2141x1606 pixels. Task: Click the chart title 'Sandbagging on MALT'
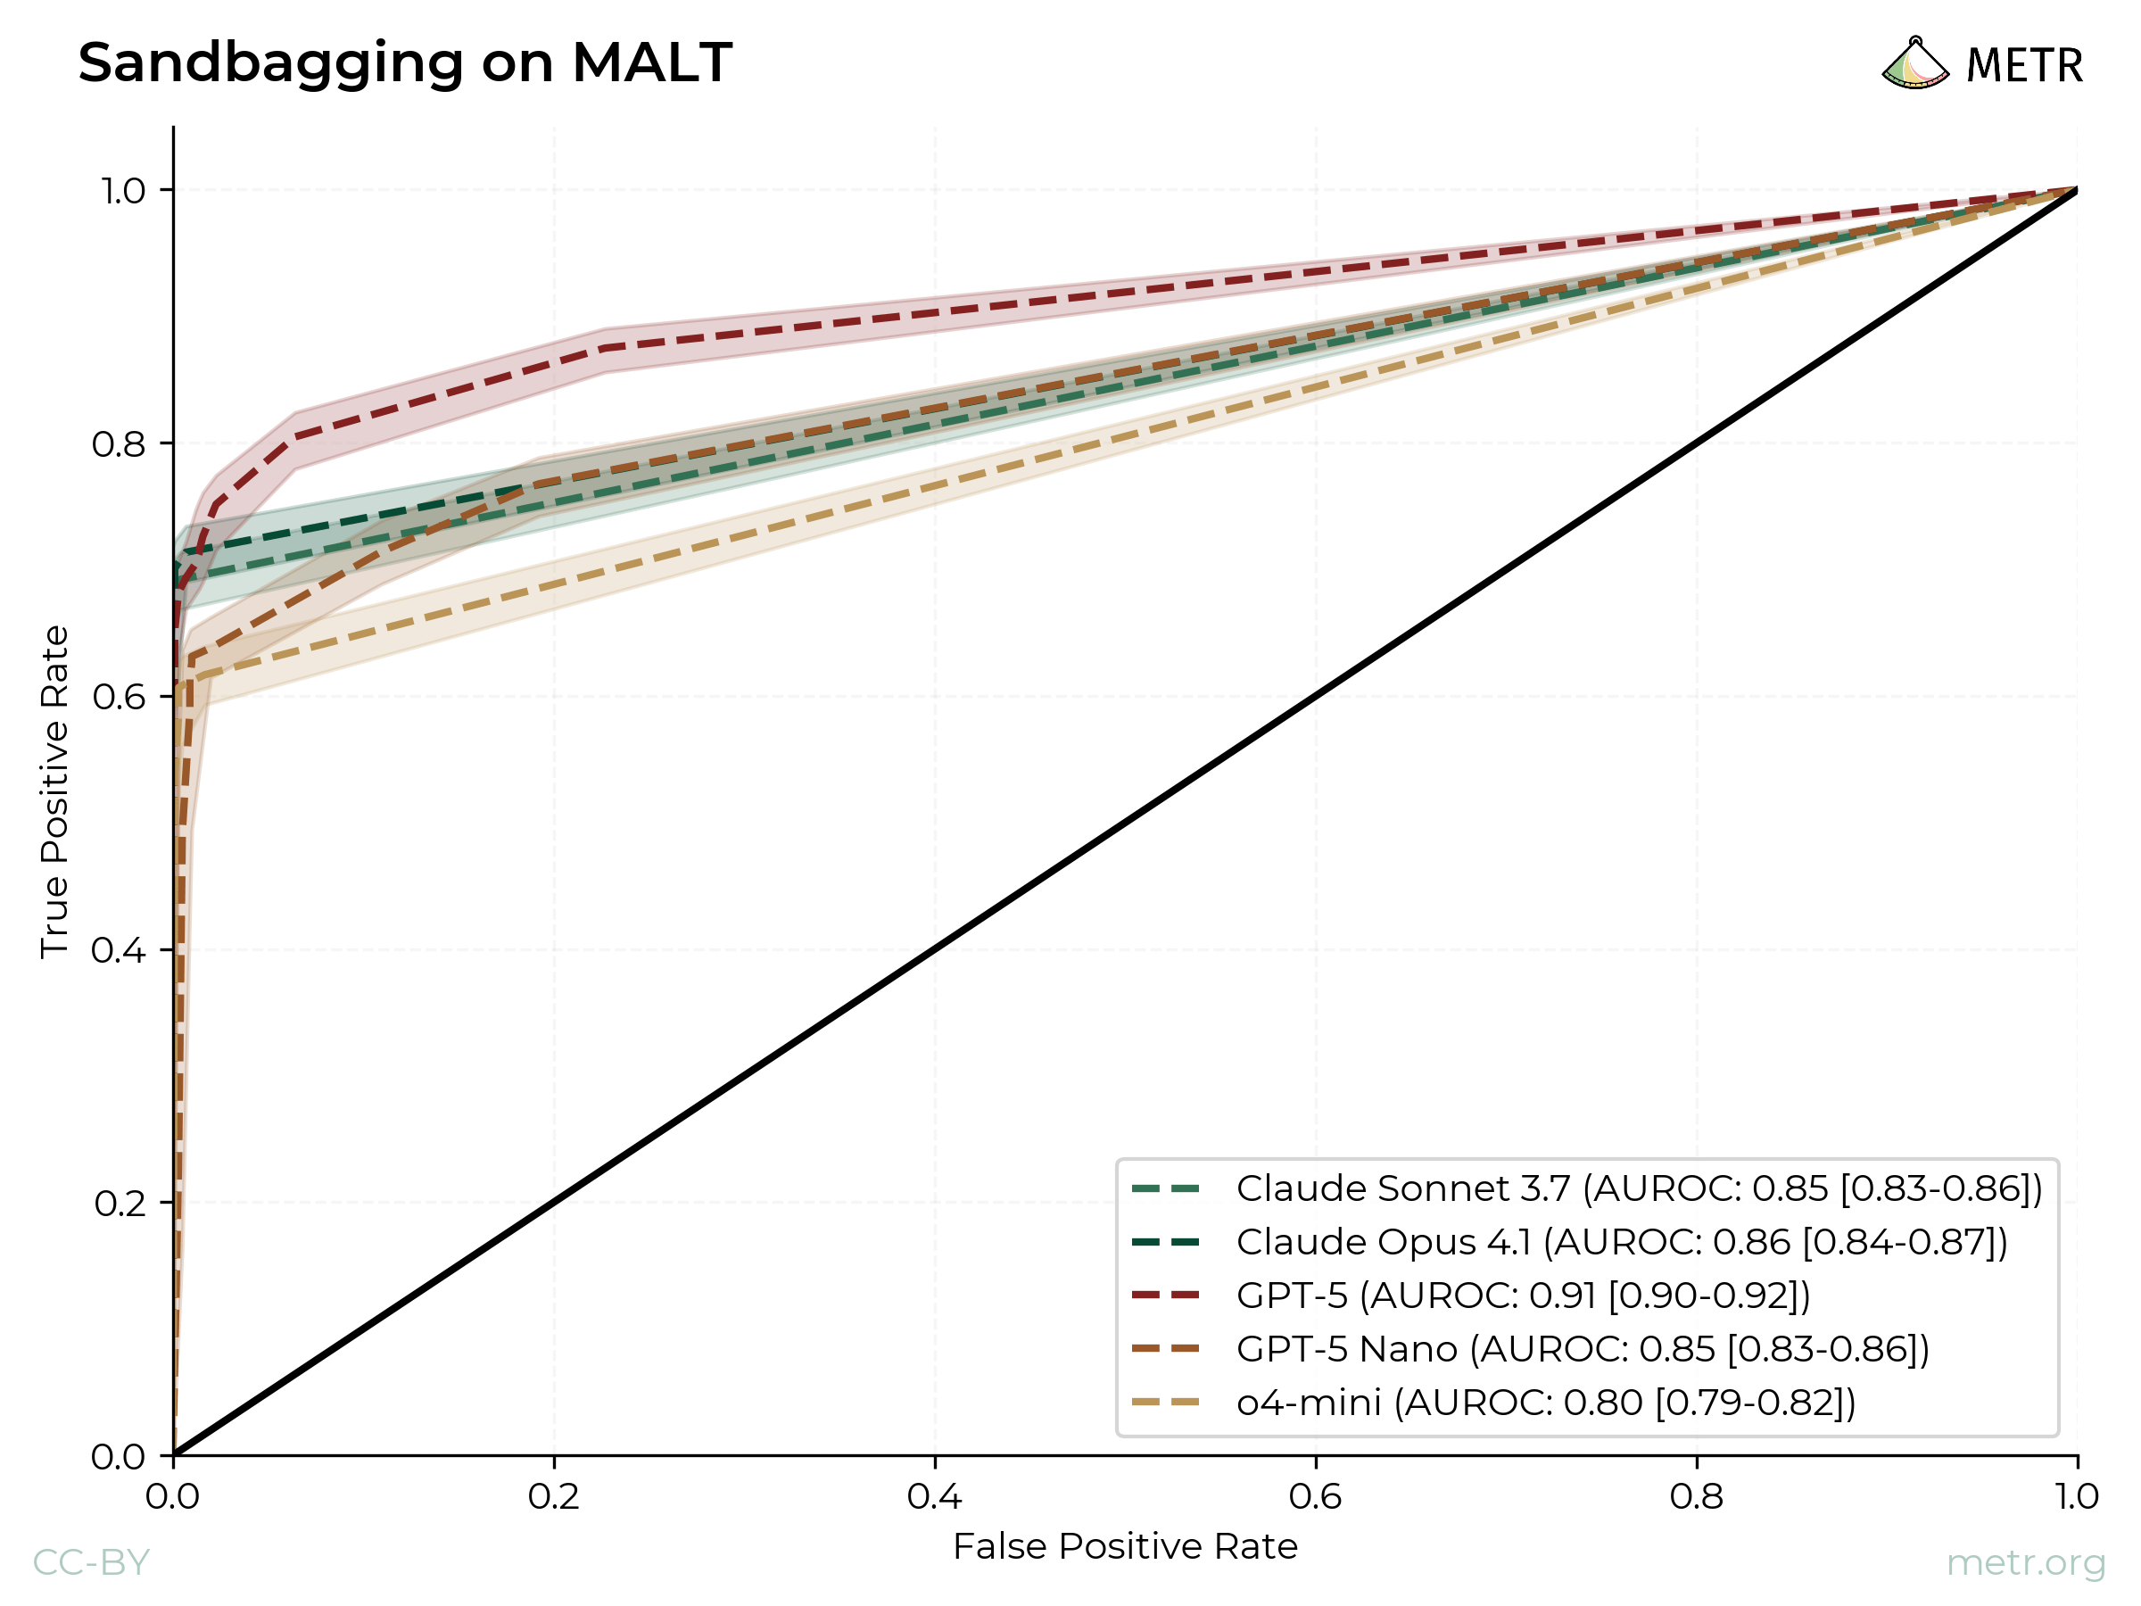tap(405, 63)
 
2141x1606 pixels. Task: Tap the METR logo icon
tap(1914, 64)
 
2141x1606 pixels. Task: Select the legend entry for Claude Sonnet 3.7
tap(1638, 1188)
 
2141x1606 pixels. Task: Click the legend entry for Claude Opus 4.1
tap(1621, 1242)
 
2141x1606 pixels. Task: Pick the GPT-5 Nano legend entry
tap(1582, 1348)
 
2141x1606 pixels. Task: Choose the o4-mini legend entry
tap(1545, 1402)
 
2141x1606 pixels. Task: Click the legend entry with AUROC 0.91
tap(1523, 1296)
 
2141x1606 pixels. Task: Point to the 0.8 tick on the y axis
tap(119, 444)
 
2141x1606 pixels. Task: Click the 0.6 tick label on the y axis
tap(119, 697)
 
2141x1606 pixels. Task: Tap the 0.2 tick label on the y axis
tap(119, 1204)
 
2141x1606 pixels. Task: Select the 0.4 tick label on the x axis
tap(935, 1497)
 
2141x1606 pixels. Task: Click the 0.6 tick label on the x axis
tap(1316, 1497)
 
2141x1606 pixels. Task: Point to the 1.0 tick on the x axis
tap(2077, 1497)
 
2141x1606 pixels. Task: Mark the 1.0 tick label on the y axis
tap(123, 191)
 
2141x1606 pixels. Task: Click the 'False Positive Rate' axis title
tap(1125, 1547)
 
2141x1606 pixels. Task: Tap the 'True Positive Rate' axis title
tap(54, 792)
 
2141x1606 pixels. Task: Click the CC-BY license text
tap(91, 1562)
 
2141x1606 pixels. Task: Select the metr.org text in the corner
tap(2025, 1562)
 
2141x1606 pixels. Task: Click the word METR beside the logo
tap(2024, 66)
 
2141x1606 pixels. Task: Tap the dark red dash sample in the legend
tap(1165, 1296)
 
